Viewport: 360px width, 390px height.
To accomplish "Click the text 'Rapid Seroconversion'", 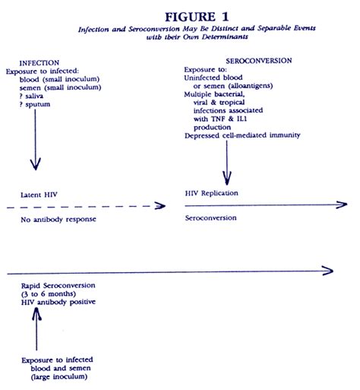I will coord(58,285).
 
